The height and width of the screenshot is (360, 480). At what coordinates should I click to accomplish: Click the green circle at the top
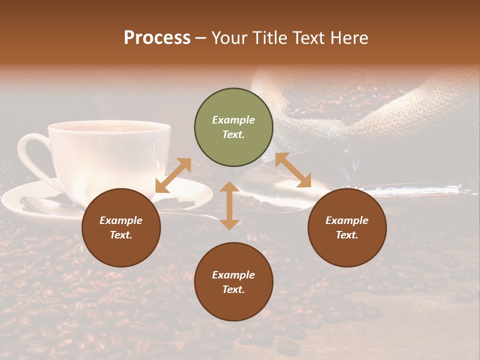(x=233, y=127)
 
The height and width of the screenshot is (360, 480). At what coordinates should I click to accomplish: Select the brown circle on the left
(x=121, y=228)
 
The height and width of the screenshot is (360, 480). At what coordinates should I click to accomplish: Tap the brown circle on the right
(x=347, y=228)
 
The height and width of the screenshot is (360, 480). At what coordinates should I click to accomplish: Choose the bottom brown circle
(x=233, y=282)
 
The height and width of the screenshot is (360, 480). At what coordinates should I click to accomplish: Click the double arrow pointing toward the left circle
(x=173, y=175)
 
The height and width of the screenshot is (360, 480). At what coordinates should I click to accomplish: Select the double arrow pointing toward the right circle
(x=293, y=170)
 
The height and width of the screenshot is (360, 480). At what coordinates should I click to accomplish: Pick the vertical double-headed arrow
(x=229, y=205)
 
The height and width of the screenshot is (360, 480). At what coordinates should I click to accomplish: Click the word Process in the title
(x=157, y=37)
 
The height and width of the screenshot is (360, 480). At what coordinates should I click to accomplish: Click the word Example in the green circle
(x=233, y=120)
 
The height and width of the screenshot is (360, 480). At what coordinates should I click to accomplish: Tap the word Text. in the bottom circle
(x=233, y=289)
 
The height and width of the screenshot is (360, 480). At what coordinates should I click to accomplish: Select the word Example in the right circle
(x=347, y=220)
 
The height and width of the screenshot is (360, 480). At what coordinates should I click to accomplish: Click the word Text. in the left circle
(x=121, y=235)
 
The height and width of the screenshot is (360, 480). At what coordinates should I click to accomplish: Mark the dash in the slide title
(x=201, y=37)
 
